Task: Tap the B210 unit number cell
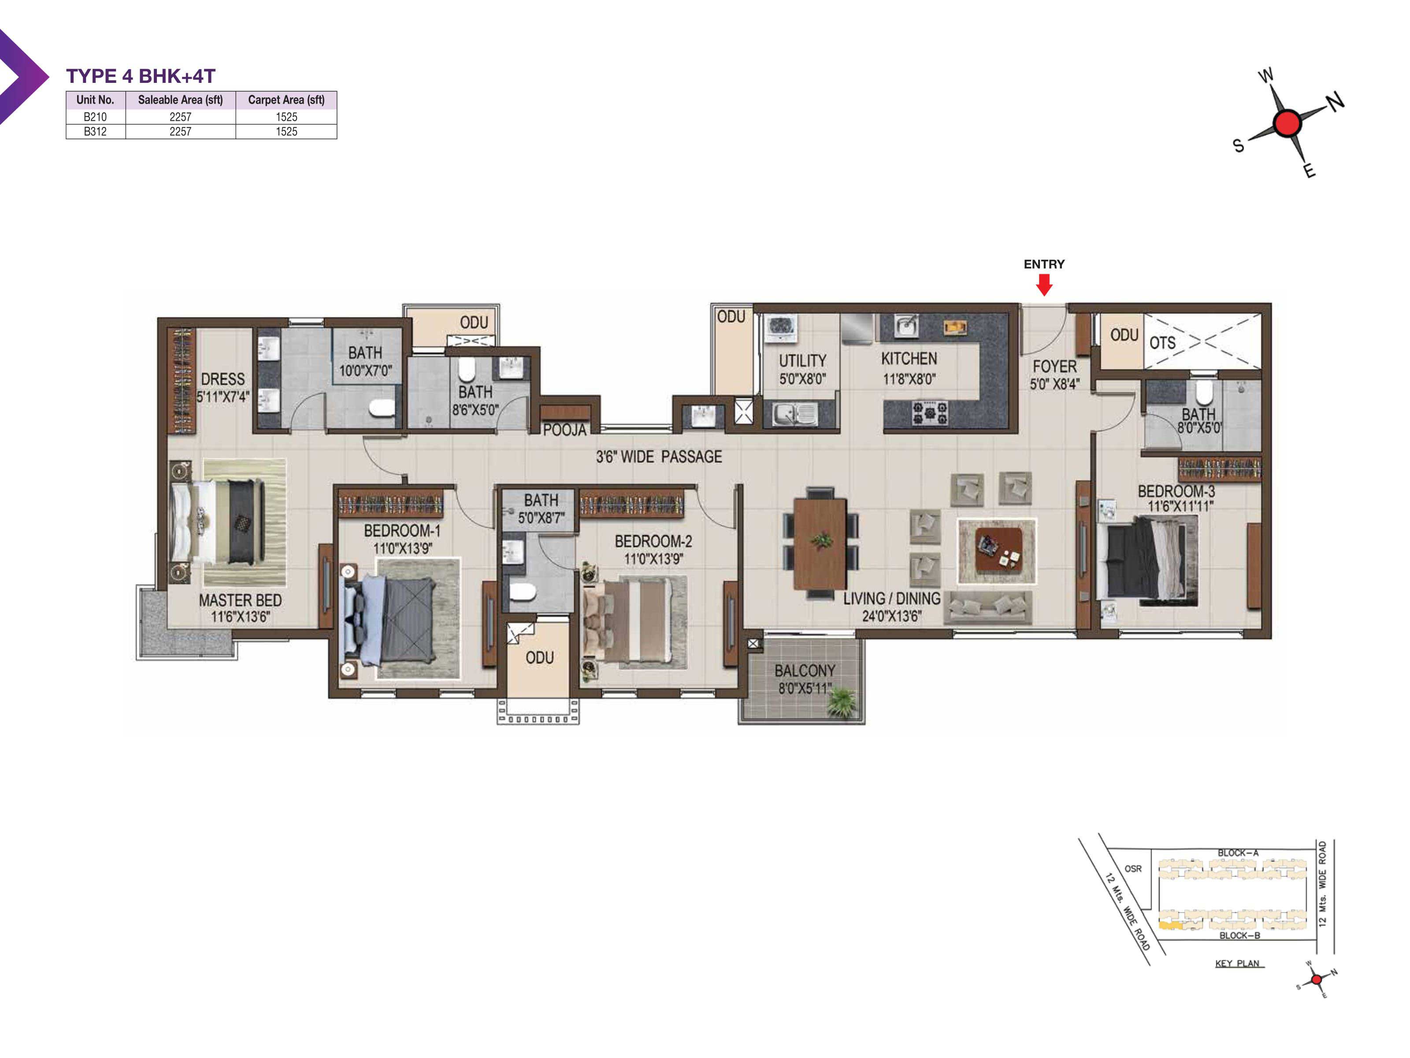click(x=95, y=117)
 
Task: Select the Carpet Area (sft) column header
click(x=286, y=100)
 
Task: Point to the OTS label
click(x=1162, y=343)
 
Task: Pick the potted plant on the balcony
click(x=842, y=704)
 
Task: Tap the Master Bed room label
click(x=240, y=608)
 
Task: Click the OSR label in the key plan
click(x=1133, y=868)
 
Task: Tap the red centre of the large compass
click(x=1287, y=123)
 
